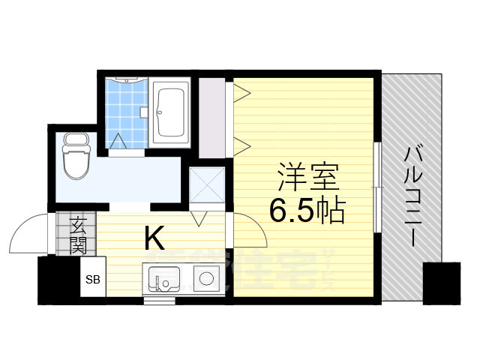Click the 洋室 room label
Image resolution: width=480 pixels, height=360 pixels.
pos(307,179)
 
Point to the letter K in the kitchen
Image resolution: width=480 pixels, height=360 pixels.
pos(154,238)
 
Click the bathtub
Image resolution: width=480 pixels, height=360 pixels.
pos(173,112)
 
